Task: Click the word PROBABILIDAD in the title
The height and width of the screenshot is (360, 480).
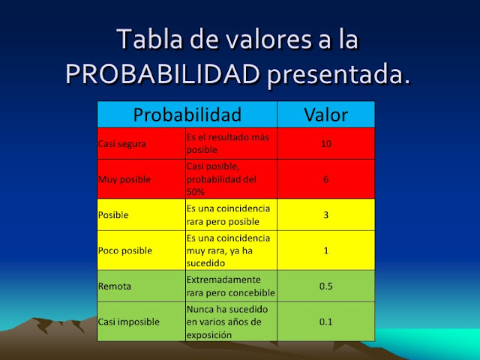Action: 162,74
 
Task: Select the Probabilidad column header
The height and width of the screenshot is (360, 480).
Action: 187,115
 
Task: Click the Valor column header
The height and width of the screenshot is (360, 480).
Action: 325,115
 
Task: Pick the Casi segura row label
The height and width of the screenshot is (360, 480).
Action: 122,143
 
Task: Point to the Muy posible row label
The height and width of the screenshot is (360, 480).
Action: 124,179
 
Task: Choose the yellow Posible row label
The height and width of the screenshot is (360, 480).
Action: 113,214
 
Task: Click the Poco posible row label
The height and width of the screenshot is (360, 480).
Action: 124,250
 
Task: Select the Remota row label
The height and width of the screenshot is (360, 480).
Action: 115,286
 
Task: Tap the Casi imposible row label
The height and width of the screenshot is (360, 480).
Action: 129,322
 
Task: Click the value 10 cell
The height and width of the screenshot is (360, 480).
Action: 325,143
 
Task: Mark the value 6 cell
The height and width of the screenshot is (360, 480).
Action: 325,179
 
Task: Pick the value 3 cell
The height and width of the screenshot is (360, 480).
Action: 325,214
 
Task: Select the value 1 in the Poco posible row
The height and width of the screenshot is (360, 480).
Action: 325,250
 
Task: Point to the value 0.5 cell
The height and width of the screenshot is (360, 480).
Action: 325,286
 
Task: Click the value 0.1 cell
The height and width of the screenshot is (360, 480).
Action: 325,322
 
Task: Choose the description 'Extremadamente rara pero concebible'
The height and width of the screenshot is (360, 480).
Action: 230,286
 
